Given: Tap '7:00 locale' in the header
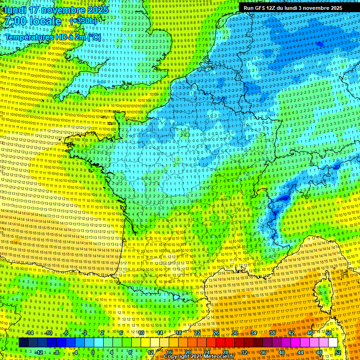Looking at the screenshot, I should tap(32, 21).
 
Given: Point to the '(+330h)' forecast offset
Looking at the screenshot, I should tap(83, 21).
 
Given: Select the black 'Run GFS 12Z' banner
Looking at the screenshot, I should tap(293, 8).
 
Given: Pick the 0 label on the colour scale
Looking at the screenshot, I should tap(93, 352).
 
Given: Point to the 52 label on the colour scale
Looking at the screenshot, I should tap(338, 352).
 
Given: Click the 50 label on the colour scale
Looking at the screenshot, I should tap(329, 333).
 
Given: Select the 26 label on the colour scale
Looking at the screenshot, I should tap(216, 333).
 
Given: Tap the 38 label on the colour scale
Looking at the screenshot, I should tap(272, 333).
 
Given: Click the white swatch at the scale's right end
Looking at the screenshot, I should tap(333, 343).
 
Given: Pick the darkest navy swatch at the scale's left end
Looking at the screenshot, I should tap(24, 343).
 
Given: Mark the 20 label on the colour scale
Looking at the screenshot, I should tap(188, 352).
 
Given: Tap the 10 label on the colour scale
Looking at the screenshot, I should tap(141, 333).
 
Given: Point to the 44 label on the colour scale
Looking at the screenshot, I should tap(300, 352).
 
